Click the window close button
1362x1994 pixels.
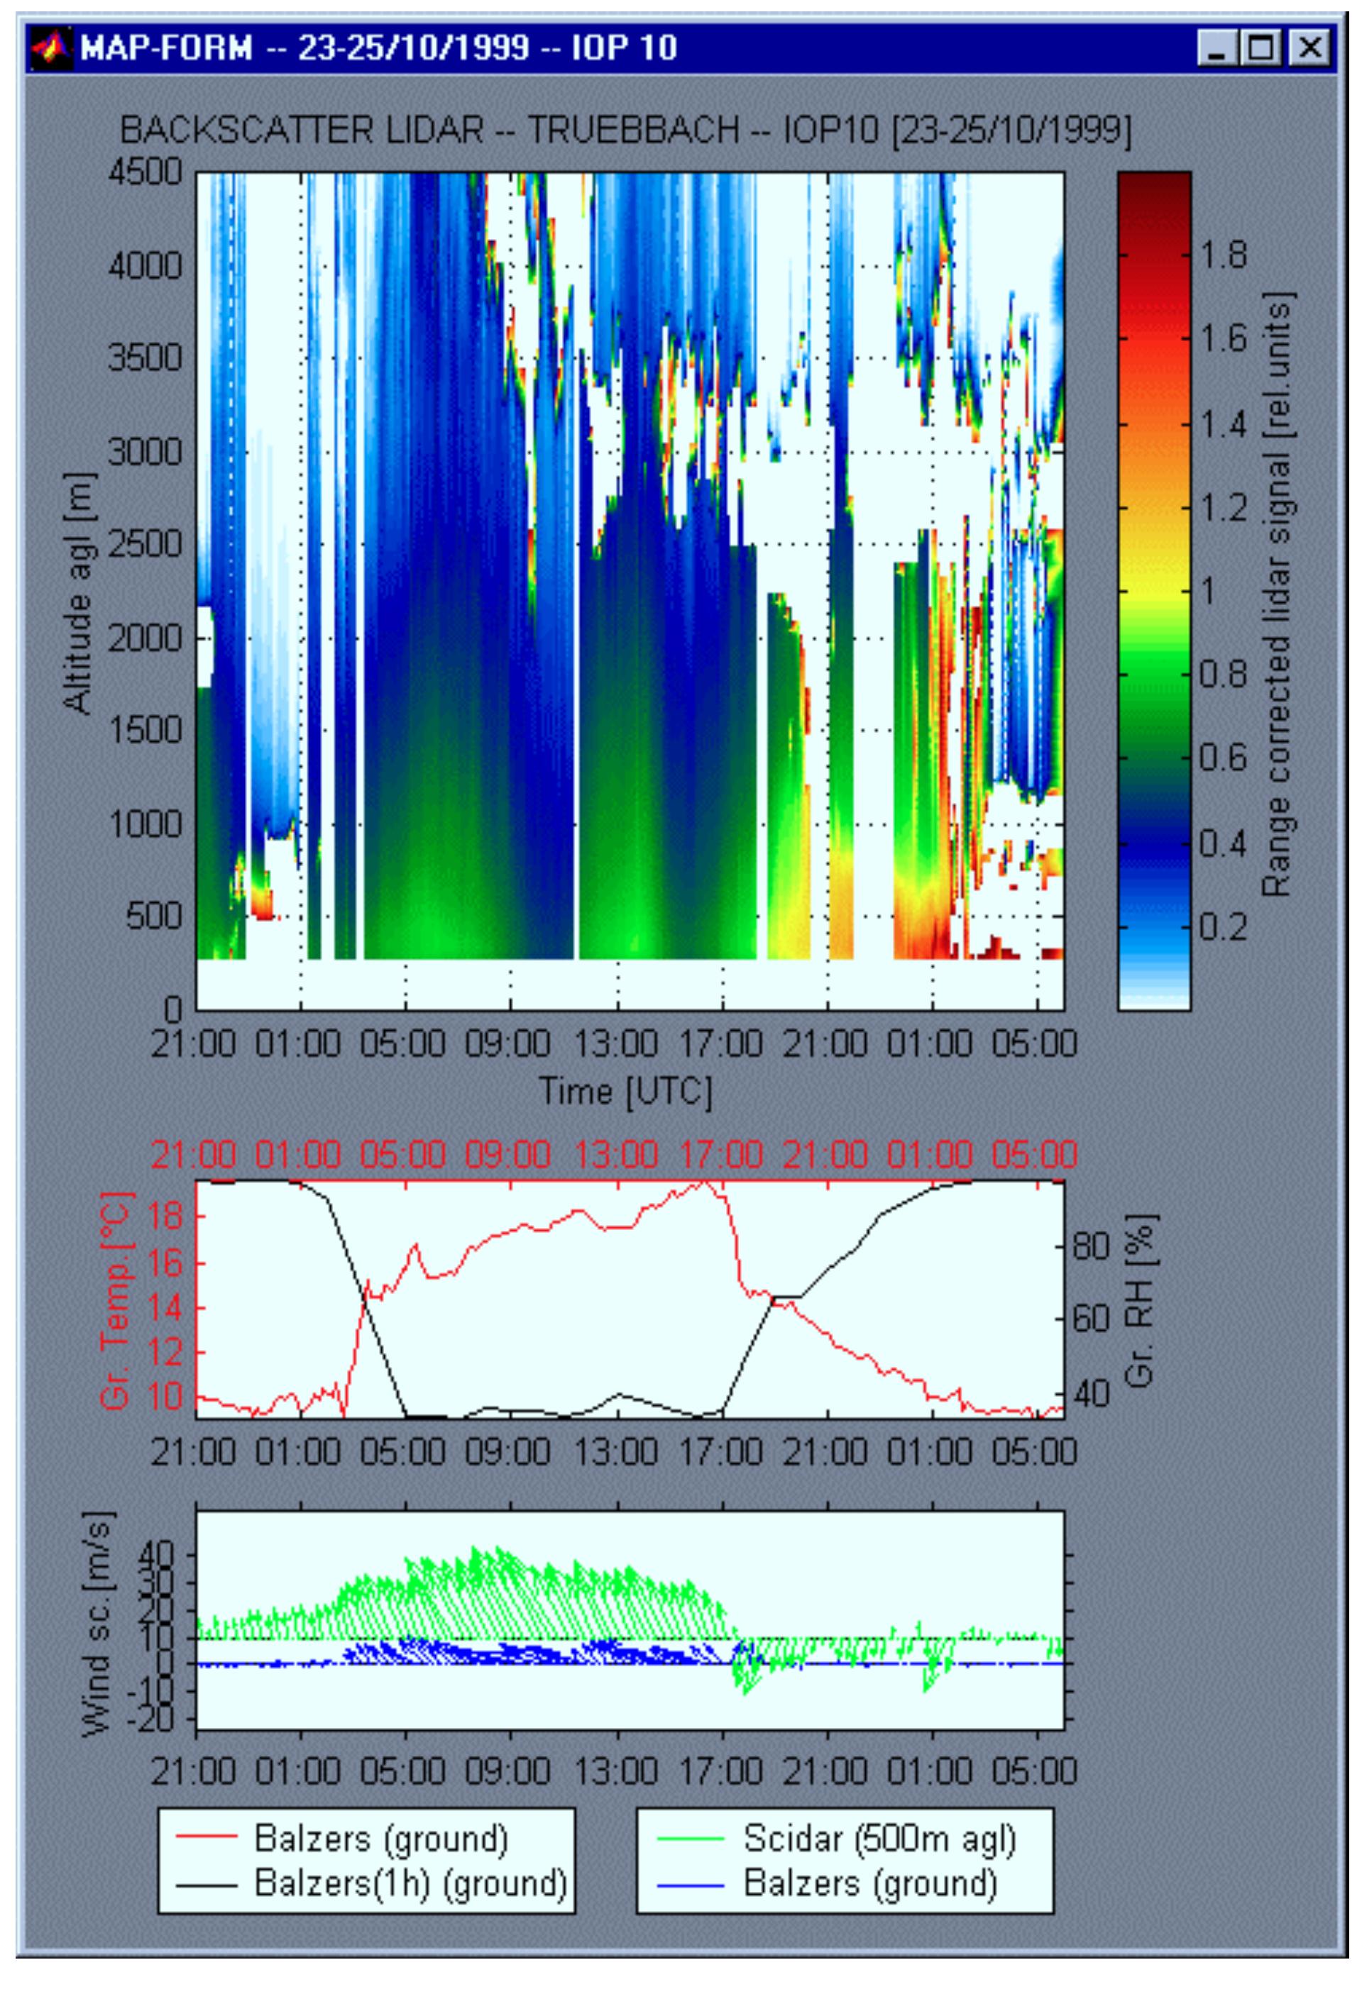point(1309,48)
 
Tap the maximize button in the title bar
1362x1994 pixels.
point(1263,48)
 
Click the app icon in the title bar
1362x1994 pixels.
point(50,48)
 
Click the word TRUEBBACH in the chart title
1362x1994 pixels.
point(632,131)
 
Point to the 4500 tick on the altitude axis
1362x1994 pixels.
point(146,172)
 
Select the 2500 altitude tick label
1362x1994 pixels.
point(146,545)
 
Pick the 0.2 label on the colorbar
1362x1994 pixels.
point(1222,926)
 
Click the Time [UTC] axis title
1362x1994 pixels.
point(626,1092)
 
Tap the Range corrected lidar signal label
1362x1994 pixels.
point(1276,594)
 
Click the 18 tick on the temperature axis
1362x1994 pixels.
point(163,1217)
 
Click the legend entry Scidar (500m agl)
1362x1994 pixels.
point(879,1839)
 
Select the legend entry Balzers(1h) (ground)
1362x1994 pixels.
point(410,1883)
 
